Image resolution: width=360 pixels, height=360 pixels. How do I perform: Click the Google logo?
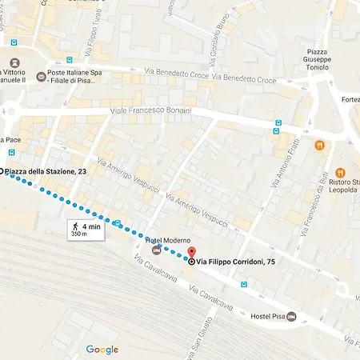pos(102,350)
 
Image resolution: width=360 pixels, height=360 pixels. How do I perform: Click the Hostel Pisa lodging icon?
pos(290,318)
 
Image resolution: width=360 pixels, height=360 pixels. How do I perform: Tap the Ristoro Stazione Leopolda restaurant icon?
pos(340,172)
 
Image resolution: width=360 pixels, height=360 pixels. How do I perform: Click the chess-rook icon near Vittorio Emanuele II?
pos(14,62)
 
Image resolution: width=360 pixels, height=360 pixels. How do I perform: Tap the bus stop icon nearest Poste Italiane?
pos(70,60)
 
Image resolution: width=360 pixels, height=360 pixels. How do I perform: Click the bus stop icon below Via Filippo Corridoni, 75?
pos(243,283)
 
